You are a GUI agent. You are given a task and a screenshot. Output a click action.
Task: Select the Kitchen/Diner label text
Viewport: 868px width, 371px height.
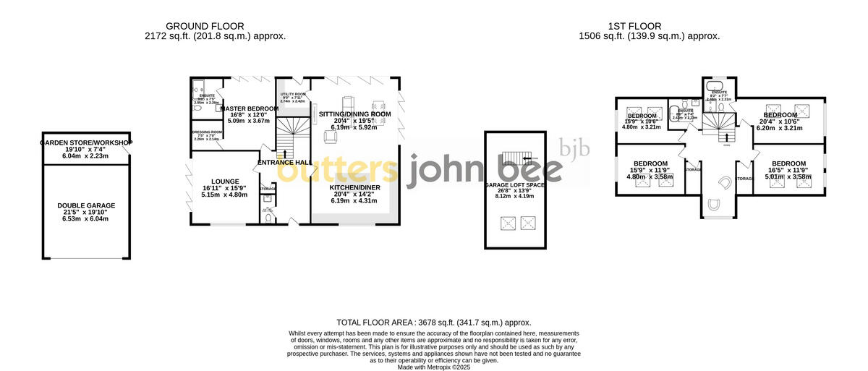click(354, 187)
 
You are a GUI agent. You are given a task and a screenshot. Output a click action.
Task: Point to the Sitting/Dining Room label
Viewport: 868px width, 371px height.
click(354, 114)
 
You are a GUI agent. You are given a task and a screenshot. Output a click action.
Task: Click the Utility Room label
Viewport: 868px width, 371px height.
click(294, 95)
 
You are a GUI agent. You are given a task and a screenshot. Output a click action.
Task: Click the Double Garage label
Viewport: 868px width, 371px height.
click(86, 205)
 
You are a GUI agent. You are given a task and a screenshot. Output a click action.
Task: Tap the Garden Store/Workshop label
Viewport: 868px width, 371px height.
click(86, 142)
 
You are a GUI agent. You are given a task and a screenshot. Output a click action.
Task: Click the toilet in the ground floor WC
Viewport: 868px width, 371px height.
click(268, 217)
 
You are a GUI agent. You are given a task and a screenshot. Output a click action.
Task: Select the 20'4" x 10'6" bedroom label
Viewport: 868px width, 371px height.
click(780, 115)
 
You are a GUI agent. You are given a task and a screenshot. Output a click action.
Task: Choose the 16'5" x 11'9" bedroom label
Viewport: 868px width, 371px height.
click(788, 164)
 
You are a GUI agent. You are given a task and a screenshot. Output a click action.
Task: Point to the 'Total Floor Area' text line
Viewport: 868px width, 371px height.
click(434, 323)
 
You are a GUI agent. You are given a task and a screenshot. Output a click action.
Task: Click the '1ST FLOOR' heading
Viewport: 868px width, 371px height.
click(650, 26)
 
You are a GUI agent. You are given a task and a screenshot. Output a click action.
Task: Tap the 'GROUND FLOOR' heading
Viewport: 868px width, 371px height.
click(215, 26)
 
